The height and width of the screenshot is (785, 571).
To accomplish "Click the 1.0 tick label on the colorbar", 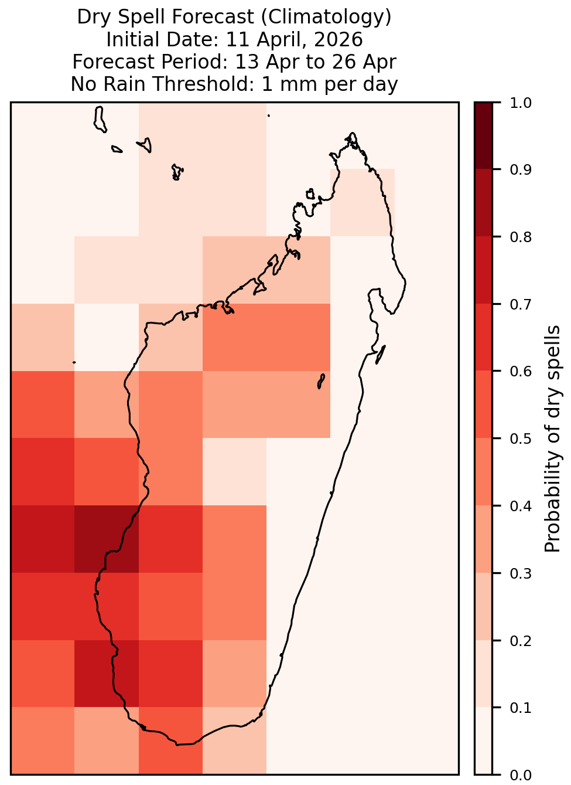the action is tap(521, 103).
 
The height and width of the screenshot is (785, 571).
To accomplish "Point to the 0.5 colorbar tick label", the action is tap(521, 439).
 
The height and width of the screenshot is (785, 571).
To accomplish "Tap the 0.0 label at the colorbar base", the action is tap(521, 775).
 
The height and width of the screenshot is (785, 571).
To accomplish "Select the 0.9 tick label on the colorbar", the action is tap(521, 169).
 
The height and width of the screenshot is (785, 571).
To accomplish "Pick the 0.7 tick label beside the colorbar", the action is tap(521, 304).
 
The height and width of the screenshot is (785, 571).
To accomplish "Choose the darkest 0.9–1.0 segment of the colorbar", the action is tap(484, 136).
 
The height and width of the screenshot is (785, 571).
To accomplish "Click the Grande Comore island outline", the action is tap(100, 120).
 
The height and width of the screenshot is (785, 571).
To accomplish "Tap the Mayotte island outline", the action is tap(178, 172).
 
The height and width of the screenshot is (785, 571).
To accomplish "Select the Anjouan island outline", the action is tap(145, 145).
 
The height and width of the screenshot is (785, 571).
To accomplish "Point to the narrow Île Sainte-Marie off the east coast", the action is tap(381, 355).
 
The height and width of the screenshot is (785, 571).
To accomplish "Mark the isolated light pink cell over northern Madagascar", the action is tap(363, 203).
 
